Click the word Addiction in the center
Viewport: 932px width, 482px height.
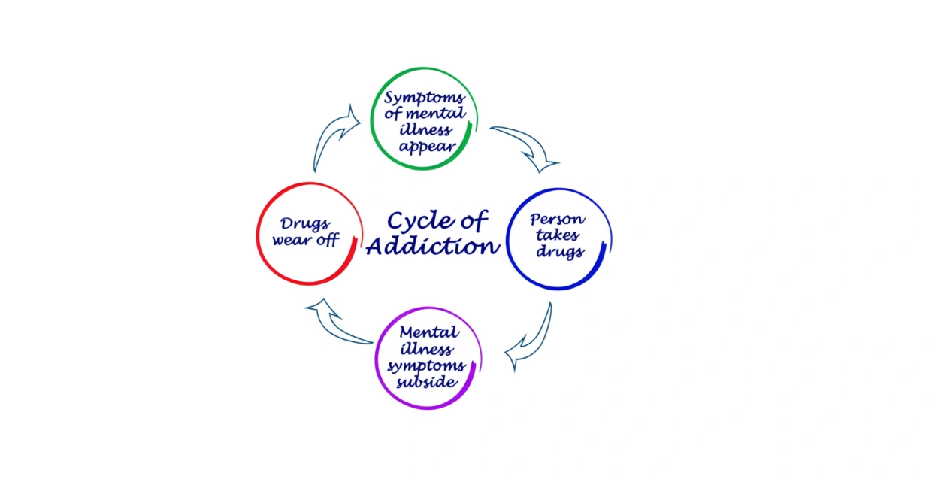(432, 247)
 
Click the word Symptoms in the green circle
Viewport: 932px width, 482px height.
(425, 98)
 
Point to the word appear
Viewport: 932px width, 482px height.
(427, 147)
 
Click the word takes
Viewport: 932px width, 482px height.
(558, 236)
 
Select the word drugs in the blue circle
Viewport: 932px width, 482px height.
(559, 251)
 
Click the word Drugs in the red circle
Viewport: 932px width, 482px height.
(305, 224)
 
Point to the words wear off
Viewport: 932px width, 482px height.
(305, 241)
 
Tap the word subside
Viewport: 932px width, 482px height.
(428, 382)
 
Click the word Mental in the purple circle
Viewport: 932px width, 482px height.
(429, 332)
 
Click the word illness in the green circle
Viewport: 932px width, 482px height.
(427, 130)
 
